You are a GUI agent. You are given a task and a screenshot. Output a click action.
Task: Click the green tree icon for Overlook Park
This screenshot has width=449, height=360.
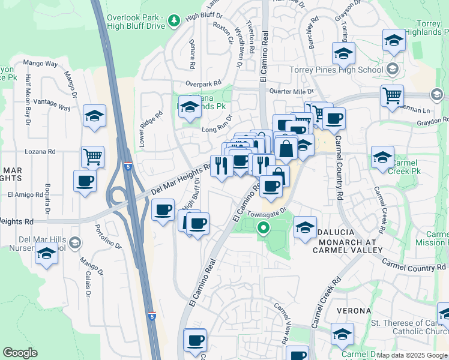pyautogui.click(x=174, y=21)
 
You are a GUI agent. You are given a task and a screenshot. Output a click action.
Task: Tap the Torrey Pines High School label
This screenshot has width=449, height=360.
pyautogui.click(x=336, y=70)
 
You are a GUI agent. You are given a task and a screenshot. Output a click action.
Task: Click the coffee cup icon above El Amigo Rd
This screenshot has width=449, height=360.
pyautogui.click(x=85, y=181)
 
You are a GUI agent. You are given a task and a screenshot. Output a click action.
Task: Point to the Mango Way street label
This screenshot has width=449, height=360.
pyautogui.click(x=40, y=63)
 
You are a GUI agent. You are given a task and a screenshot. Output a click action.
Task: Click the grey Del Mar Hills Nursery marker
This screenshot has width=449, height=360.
pyautogui.click(x=74, y=242)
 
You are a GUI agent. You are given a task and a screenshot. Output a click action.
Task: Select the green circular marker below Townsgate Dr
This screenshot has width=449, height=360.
pyautogui.click(x=263, y=228)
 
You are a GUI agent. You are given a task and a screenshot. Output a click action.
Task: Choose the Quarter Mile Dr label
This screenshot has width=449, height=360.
pyautogui.click(x=292, y=91)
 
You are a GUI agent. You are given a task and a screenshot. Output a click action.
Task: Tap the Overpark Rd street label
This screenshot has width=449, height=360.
pyautogui.click(x=203, y=83)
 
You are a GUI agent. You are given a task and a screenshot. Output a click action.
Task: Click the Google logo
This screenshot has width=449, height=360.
pyautogui.click(x=20, y=353)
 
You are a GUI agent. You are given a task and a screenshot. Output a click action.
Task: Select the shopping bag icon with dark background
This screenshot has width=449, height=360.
pyautogui.click(x=286, y=148)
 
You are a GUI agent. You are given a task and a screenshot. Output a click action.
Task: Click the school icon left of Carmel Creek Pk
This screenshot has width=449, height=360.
pyautogui.click(x=382, y=157)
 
